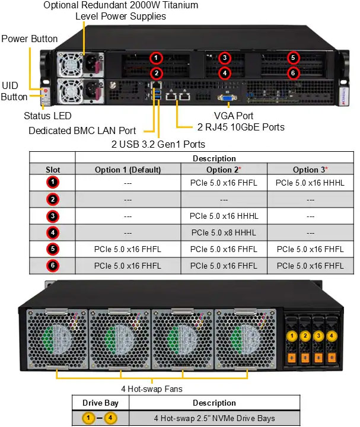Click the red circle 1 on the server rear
tap(156, 58)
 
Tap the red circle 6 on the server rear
tap(292, 73)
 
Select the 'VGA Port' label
tap(234, 116)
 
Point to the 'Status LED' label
tap(47, 116)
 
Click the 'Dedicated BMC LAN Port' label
tap(82, 130)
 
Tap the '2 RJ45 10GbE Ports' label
tap(240, 127)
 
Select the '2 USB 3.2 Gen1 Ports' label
tap(159, 144)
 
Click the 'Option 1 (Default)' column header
tap(128, 170)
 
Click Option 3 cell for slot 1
tap(310, 183)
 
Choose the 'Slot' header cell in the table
tap(53, 170)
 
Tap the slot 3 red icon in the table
tap(53, 216)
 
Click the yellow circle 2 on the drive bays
tap(305, 336)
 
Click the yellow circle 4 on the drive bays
tap(332, 336)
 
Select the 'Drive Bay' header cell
tap(100, 403)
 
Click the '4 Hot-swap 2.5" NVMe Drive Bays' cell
tap(214, 418)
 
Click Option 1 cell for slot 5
tap(128, 249)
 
